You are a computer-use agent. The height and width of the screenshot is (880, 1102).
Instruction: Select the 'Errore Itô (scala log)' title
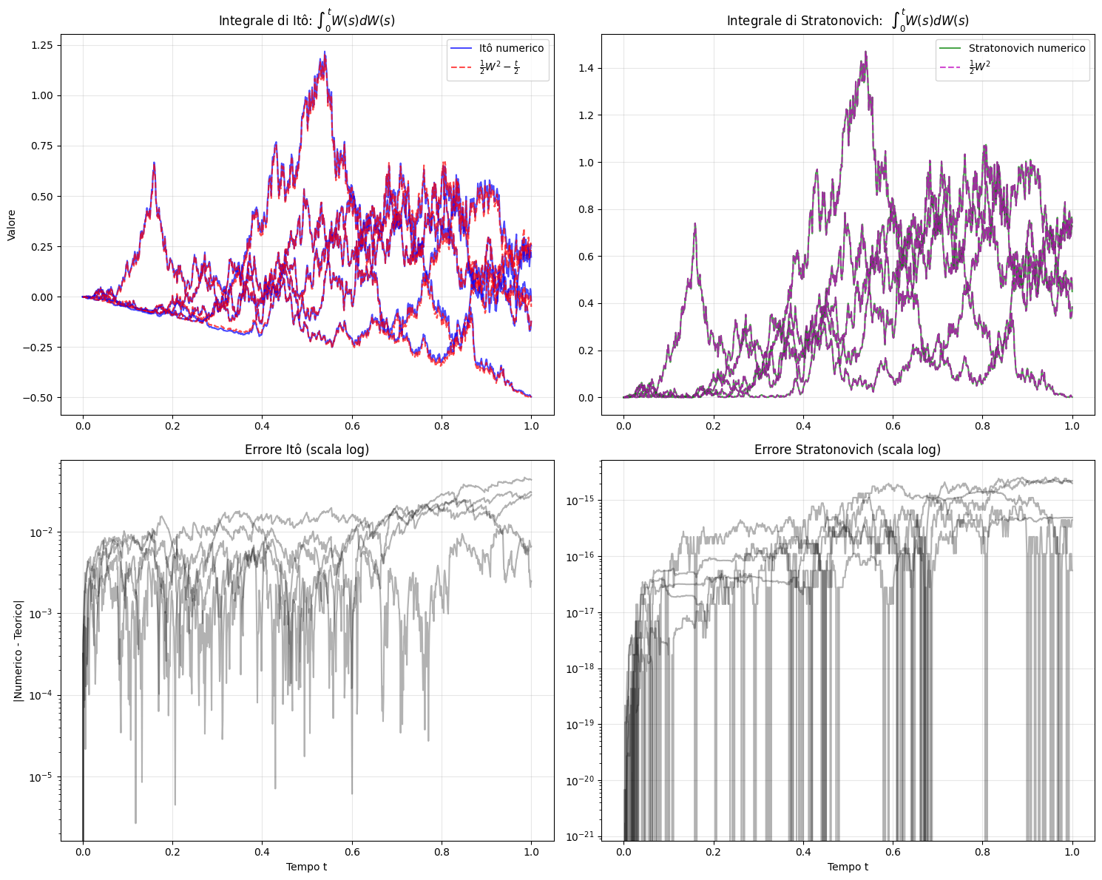[x=307, y=450]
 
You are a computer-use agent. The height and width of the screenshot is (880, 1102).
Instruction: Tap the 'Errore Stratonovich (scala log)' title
[x=848, y=450]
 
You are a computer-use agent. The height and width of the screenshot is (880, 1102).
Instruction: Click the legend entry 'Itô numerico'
[x=511, y=48]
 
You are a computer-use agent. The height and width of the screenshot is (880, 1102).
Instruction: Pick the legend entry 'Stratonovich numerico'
[x=1027, y=48]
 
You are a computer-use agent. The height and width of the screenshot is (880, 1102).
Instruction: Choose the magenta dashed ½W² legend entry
[x=979, y=67]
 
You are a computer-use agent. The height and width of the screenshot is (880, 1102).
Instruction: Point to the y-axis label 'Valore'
[x=12, y=225]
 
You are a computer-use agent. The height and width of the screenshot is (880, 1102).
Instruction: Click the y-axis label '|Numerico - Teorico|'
[x=18, y=651]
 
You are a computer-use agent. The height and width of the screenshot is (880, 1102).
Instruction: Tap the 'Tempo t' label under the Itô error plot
[x=307, y=867]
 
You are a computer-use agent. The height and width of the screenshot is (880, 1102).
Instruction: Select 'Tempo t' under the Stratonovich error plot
[x=848, y=867]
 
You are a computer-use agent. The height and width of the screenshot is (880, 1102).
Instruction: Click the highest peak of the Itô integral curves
[x=325, y=52]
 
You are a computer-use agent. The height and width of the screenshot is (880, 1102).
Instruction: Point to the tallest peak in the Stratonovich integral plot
[x=865, y=52]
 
